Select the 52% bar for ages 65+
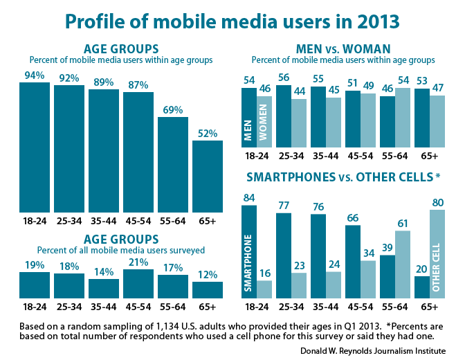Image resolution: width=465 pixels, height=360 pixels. click(208, 176)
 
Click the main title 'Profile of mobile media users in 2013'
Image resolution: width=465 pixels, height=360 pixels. click(232, 22)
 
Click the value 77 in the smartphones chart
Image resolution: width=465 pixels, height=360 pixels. click(283, 205)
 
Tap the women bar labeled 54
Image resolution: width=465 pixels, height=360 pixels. click(403, 117)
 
